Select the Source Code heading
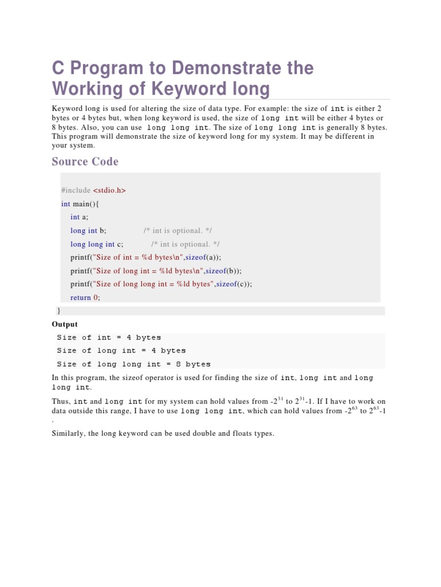[85, 161]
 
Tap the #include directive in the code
[76, 190]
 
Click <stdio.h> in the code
[109, 190]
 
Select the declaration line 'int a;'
[79, 217]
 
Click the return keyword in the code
[81, 298]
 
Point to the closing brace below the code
[59, 310]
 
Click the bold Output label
[65, 324]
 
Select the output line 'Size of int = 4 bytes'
[109, 338]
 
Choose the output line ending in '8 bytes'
[134, 364]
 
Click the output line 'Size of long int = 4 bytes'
[121, 351]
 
